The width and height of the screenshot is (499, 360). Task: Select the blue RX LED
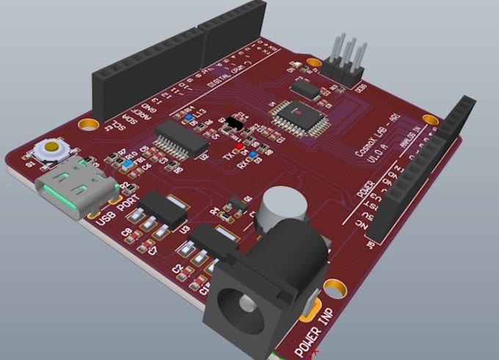tap(253, 155)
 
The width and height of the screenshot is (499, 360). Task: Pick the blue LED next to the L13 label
tap(189, 117)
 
